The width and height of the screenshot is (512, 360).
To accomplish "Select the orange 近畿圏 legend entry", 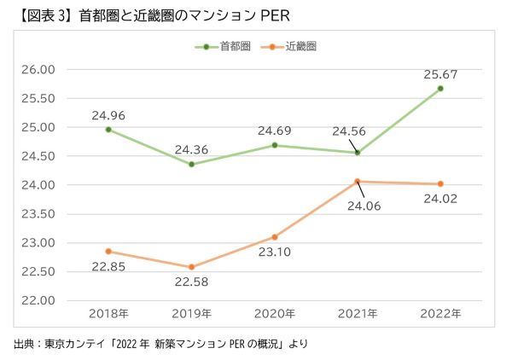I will coord(294,48).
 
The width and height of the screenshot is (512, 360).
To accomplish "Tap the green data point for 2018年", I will coord(109,130).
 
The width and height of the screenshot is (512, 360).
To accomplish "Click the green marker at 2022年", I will coord(440,89).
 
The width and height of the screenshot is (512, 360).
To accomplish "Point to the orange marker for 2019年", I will coord(192,267).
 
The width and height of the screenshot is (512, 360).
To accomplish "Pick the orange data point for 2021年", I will coord(358,181).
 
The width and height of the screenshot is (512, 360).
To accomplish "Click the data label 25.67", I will coord(440,74).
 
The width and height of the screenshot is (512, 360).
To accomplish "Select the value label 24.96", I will coord(109,114).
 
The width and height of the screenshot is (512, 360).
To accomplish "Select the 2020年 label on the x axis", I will coord(275,314).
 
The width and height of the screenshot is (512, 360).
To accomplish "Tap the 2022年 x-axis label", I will coord(440,314).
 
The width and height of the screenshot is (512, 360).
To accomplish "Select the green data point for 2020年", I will coord(275,145).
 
